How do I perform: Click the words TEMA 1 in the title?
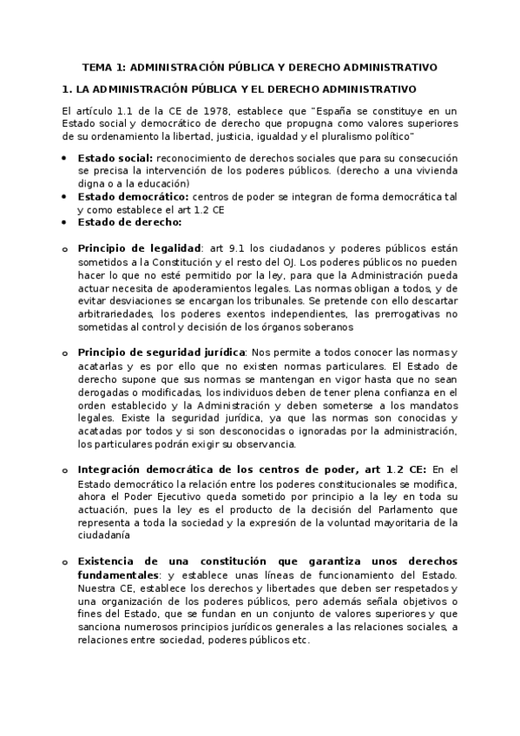click(103, 66)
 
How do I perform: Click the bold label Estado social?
click(115, 157)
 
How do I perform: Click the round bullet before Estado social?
click(65, 158)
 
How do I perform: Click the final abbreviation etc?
click(299, 641)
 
